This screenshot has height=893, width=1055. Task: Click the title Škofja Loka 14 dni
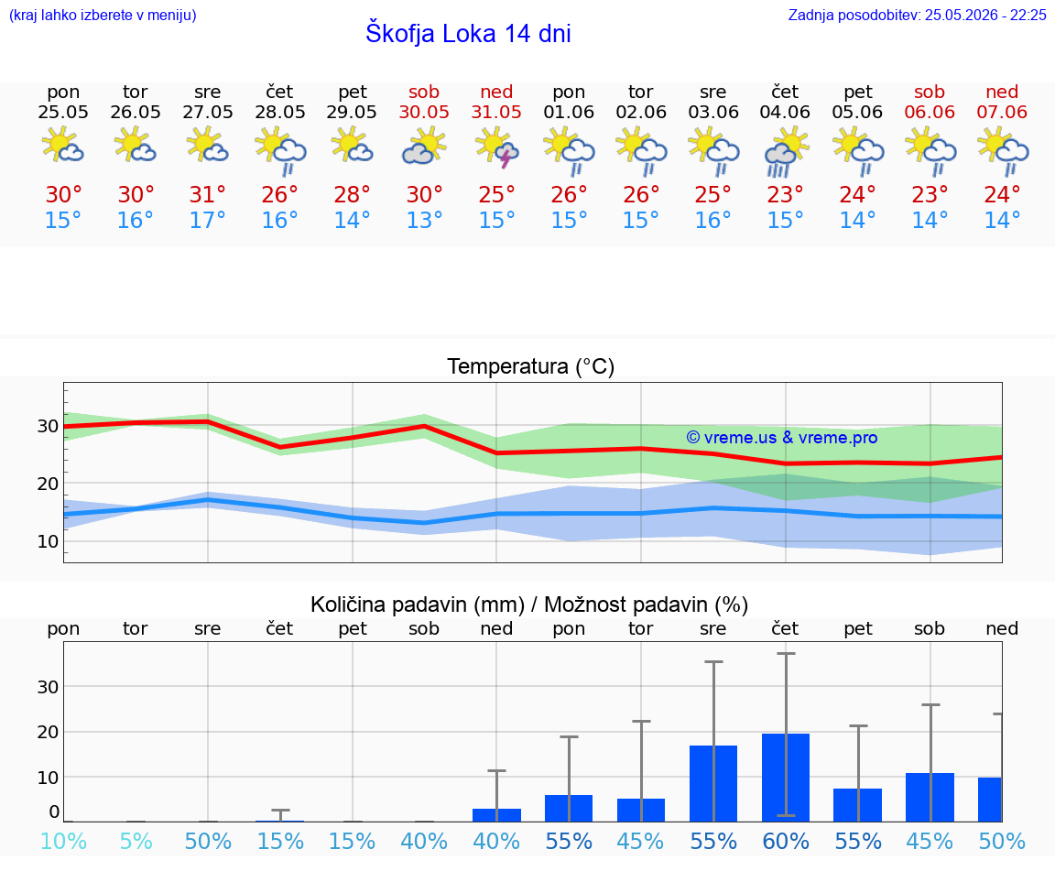coord(468,33)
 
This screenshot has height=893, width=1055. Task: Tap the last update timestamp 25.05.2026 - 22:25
coord(985,15)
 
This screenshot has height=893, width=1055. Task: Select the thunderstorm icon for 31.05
coord(496,148)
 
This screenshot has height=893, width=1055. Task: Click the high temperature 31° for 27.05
coord(207,194)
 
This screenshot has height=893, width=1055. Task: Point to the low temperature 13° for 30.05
coord(424,220)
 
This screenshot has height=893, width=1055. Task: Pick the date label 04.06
coord(785,112)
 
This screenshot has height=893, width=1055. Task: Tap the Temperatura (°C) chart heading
coord(531,366)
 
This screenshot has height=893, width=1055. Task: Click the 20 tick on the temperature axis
coord(48,484)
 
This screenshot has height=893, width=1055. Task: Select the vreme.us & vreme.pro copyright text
coord(782,438)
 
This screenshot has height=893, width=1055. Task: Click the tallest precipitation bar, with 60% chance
coord(786,778)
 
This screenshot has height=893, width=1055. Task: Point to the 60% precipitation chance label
coord(786,841)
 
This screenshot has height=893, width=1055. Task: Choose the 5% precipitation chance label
coord(136,841)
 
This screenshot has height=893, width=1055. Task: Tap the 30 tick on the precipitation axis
coord(48,687)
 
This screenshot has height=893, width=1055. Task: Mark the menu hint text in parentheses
coord(103,15)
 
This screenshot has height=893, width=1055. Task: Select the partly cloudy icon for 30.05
coord(424,147)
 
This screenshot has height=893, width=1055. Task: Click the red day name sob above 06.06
coord(930,92)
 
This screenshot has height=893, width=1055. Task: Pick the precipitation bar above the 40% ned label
coord(496,815)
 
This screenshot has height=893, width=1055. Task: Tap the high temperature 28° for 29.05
coord(352,194)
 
